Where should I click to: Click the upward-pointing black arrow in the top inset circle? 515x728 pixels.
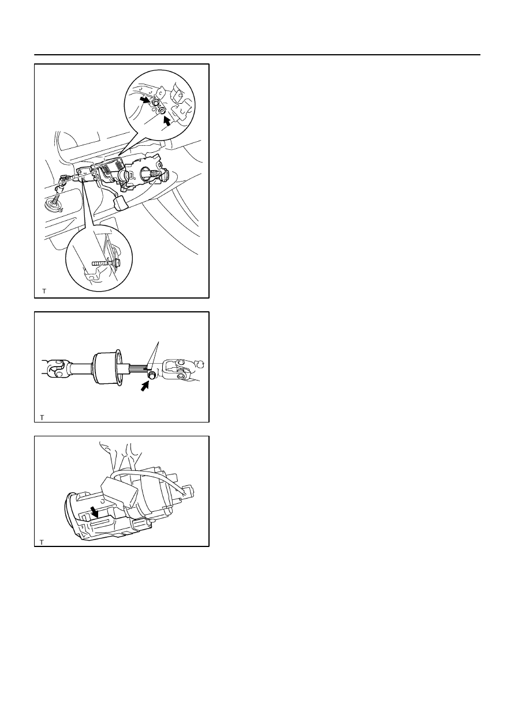coord(167,122)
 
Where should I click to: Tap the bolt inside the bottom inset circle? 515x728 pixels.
coord(106,262)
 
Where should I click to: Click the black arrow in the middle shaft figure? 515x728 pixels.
coord(145,386)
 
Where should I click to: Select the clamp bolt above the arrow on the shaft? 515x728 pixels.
coord(151,376)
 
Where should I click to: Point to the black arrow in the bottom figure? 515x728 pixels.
coord(95,512)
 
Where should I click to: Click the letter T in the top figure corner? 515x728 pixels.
coord(44,291)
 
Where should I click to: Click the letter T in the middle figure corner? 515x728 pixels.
coord(42,417)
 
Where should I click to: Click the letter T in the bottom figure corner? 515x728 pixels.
coord(42,542)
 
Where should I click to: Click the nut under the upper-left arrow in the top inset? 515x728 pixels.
coord(155,103)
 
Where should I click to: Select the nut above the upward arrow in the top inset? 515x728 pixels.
coord(162,111)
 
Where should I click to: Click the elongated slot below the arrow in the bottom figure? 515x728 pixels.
coord(101,523)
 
